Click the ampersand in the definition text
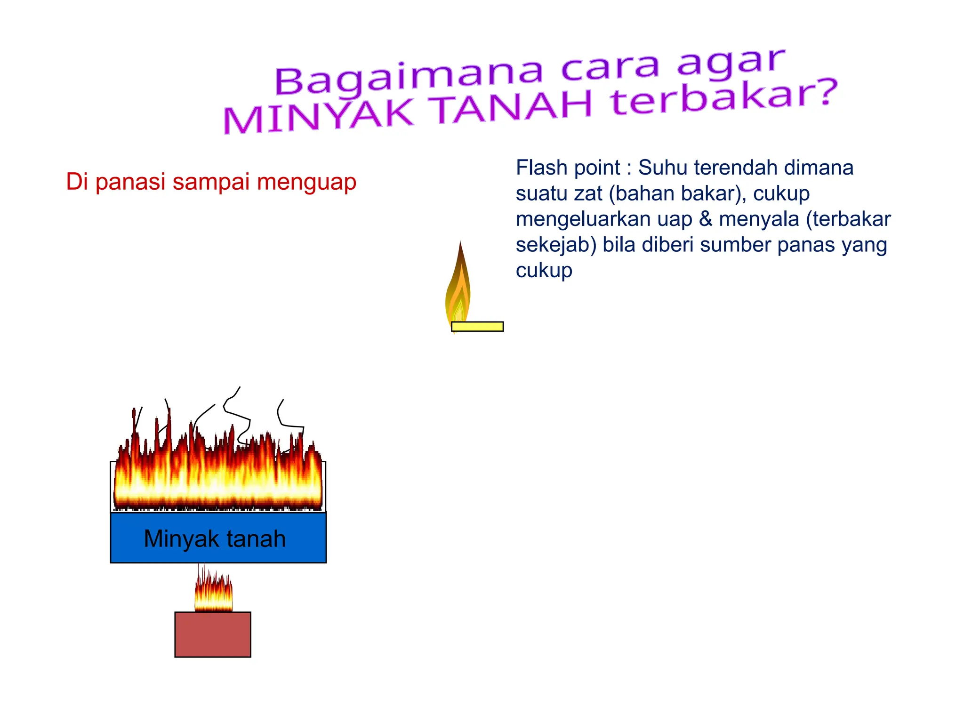tap(705, 219)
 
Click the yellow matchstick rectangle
tap(477, 327)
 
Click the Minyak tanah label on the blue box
tap(215, 539)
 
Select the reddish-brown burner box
tap(213, 635)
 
